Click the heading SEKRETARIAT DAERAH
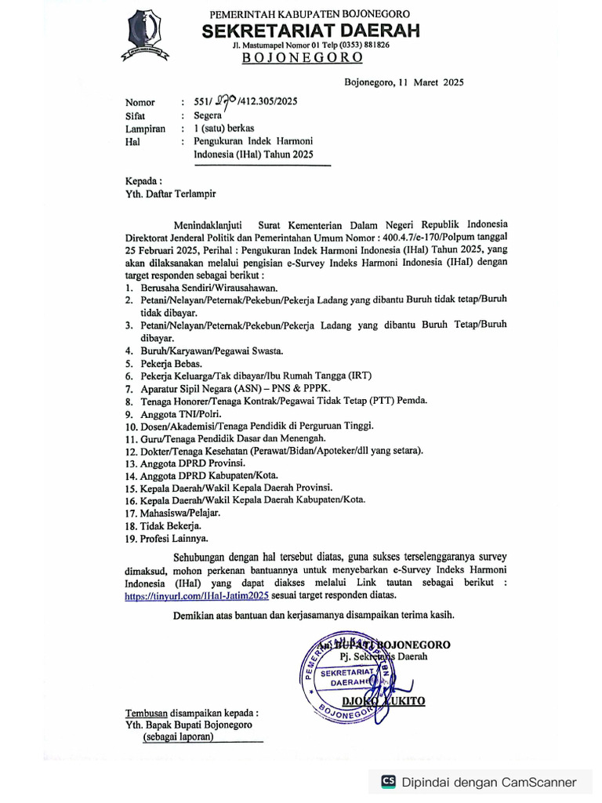(x=310, y=31)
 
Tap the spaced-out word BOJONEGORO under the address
(x=302, y=58)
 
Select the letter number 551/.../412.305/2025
(x=239, y=101)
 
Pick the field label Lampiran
(x=145, y=129)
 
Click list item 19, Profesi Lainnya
(x=174, y=538)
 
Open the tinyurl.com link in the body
(x=197, y=595)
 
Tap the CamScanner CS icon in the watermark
(x=387, y=781)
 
